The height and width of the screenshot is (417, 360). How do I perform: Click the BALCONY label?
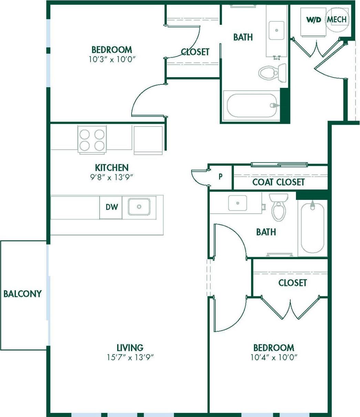[22, 294]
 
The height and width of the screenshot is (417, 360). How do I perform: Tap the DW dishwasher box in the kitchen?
[111, 207]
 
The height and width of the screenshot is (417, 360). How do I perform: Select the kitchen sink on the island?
[139, 207]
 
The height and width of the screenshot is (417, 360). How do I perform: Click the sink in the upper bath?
[276, 30]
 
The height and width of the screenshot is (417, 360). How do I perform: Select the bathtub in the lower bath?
[312, 227]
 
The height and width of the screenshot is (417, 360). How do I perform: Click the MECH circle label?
[337, 20]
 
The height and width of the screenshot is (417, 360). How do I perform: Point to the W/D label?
[314, 20]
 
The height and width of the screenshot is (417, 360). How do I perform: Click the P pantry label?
[220, 177]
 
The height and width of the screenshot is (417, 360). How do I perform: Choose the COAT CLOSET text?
[278, 182]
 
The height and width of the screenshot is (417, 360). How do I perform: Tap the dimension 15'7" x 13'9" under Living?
[130, 357]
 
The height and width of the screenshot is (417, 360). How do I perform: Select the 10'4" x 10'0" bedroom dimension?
[274, 357]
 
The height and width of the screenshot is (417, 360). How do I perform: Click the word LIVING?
[130, 347]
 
